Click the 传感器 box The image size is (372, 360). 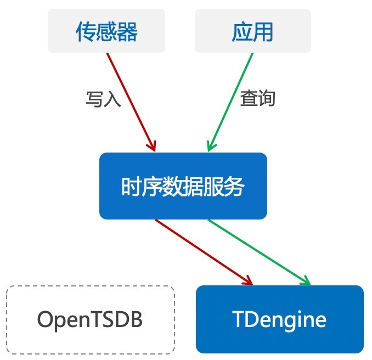coord(106,31)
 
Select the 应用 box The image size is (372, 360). coord(252,31)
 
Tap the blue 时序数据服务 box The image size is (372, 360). coord(183,186)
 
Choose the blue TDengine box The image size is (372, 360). coord(279,319)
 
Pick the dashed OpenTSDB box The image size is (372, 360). coord(90,319)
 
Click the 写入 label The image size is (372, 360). coord(103,99)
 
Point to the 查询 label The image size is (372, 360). coord(257,98)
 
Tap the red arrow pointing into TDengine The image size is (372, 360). coord(203,252)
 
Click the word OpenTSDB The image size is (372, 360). coord(90,319)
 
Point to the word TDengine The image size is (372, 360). coord(279,319)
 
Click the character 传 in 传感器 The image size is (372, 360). coord(86,32)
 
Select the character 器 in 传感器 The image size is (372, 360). coord(127,32)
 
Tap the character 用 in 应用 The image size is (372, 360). coord(263,32)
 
